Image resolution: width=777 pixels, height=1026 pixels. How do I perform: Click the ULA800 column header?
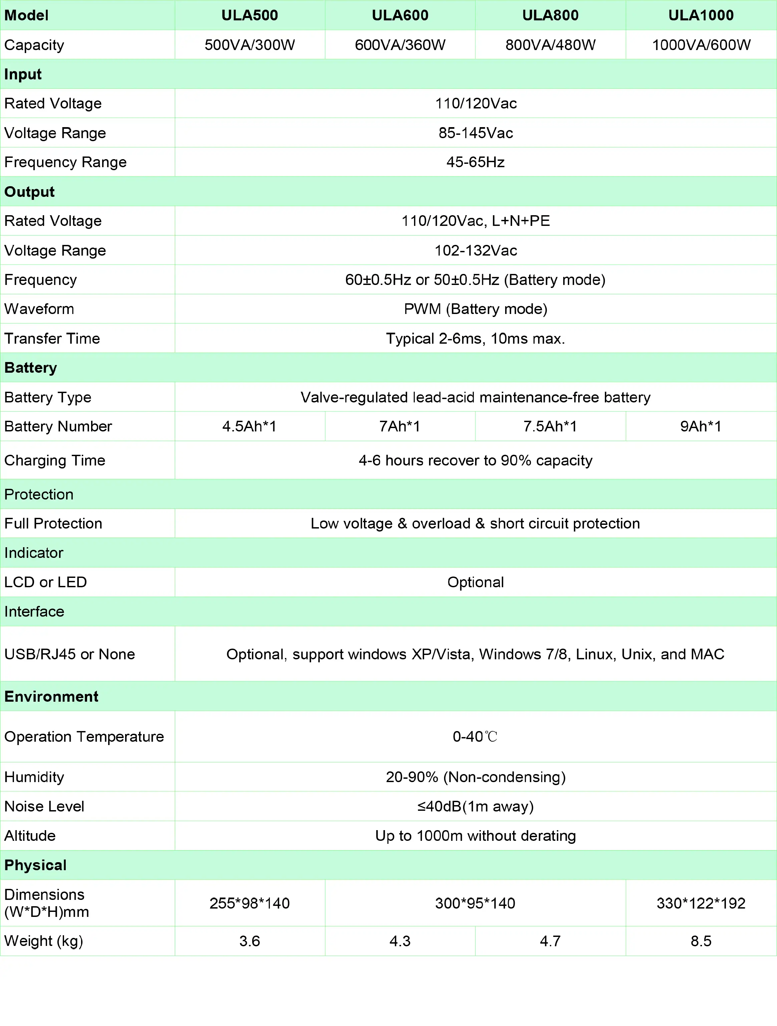tap(550, 15)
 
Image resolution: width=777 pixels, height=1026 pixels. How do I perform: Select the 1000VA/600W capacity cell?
tap(701, 45)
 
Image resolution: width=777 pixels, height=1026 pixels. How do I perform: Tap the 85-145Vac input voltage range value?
tap(475, 133)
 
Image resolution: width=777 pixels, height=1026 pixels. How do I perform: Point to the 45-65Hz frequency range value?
tap(475, 162)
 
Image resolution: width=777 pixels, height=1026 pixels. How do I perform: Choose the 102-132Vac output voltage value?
tap(475, 251)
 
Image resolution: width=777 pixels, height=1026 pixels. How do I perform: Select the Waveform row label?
tap(39, 309)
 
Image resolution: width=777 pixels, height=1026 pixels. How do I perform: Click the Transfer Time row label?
tap(52, 339)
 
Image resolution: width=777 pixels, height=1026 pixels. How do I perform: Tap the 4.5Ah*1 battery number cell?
tap(250, 426)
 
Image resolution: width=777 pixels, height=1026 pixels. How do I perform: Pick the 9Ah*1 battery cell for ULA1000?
tap(701, 426)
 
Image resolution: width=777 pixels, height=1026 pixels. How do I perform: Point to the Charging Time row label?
tap(55, 460)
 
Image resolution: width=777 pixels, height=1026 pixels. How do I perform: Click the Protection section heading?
tap(39, 494)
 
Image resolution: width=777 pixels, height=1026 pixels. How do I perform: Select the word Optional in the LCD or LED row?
tap(475, 582)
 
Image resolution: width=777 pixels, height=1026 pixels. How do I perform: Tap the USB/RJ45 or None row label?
tap(70, 654)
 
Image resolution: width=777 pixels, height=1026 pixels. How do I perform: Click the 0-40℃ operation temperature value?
tap(475, 737)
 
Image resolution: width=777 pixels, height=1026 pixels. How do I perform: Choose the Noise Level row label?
tap(44, 806)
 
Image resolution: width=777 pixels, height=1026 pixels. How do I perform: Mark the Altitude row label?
tap(30, 836)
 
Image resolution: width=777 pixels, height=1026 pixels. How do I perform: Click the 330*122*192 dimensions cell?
tap(701, 903)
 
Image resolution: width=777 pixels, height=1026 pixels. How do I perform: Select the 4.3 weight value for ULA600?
tap(400, 941)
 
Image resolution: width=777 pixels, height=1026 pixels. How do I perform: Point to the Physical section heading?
tap(35, 866)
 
